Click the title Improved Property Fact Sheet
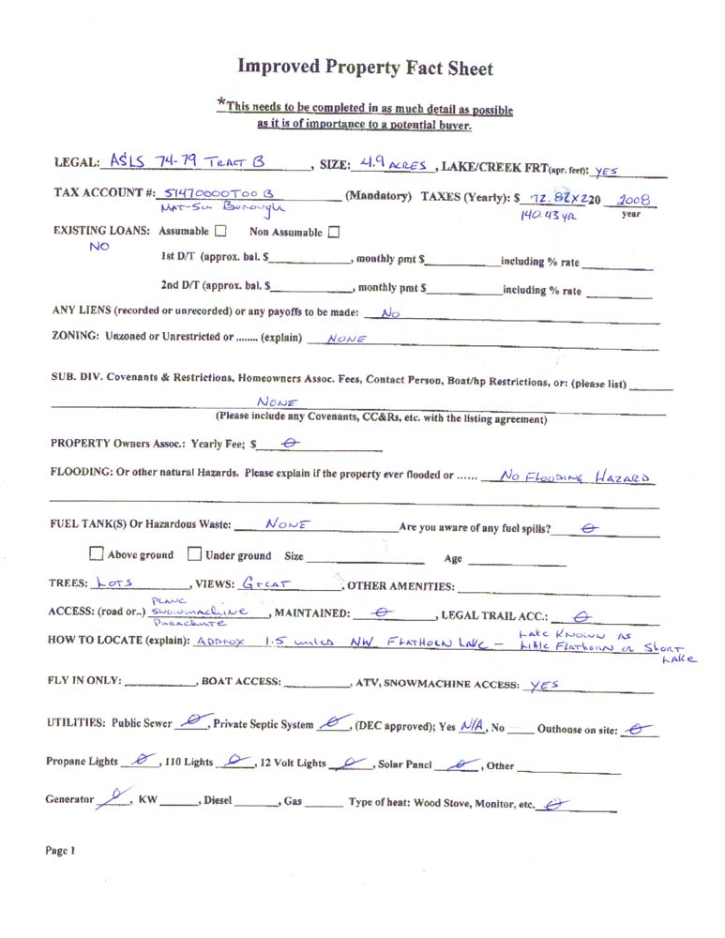coord(364,67)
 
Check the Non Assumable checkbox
coord(334,231)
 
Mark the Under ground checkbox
coord(194,554)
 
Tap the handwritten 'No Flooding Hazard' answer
coord(575,477)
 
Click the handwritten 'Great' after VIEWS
coord(266,582)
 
